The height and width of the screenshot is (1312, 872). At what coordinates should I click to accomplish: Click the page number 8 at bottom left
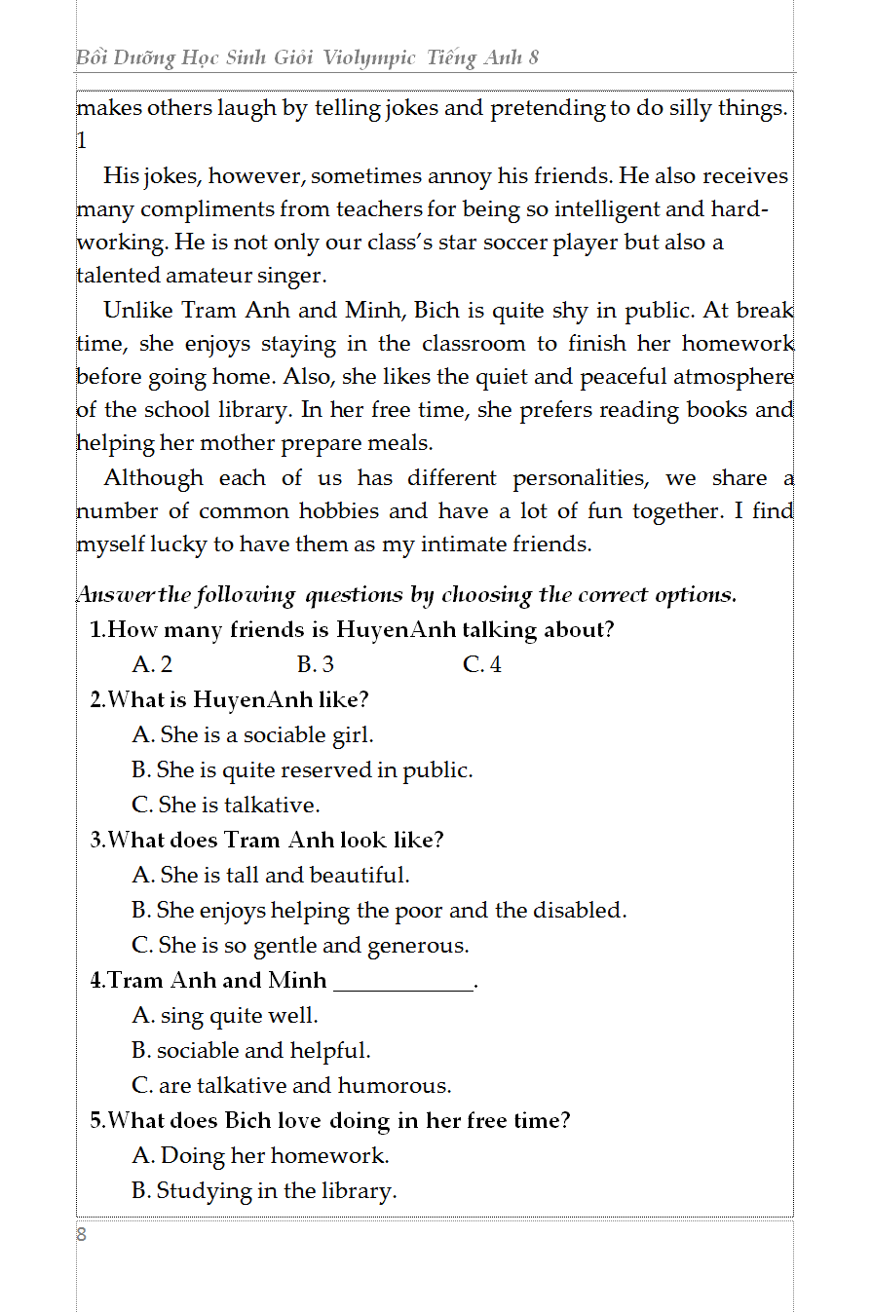click(82, 1235)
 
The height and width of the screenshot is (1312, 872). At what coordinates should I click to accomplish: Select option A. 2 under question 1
click(152, 665)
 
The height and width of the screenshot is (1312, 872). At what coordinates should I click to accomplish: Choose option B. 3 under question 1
click(316, 665)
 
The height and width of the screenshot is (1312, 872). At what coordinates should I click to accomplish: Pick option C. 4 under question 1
click(482, 665)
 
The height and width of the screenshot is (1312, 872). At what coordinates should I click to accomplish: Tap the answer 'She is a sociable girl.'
click(252, 735)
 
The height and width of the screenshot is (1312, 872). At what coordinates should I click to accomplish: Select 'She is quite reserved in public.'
click(302, 770)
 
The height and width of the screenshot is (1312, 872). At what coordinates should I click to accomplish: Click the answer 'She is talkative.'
click(226, 806)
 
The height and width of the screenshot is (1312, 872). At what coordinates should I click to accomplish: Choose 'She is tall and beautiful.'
click(271, 876)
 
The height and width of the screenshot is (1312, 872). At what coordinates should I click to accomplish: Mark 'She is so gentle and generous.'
click(300, 946)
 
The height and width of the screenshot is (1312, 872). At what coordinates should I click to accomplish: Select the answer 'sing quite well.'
click(225, 1016)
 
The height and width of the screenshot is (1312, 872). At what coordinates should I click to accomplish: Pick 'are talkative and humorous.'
click(291, 1086)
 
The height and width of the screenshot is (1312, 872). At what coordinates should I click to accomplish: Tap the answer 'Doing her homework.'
click(260, 1156)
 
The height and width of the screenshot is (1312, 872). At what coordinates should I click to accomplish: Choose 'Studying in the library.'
click(264, 1191)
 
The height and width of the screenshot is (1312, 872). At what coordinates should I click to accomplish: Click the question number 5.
click(96, 1121)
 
